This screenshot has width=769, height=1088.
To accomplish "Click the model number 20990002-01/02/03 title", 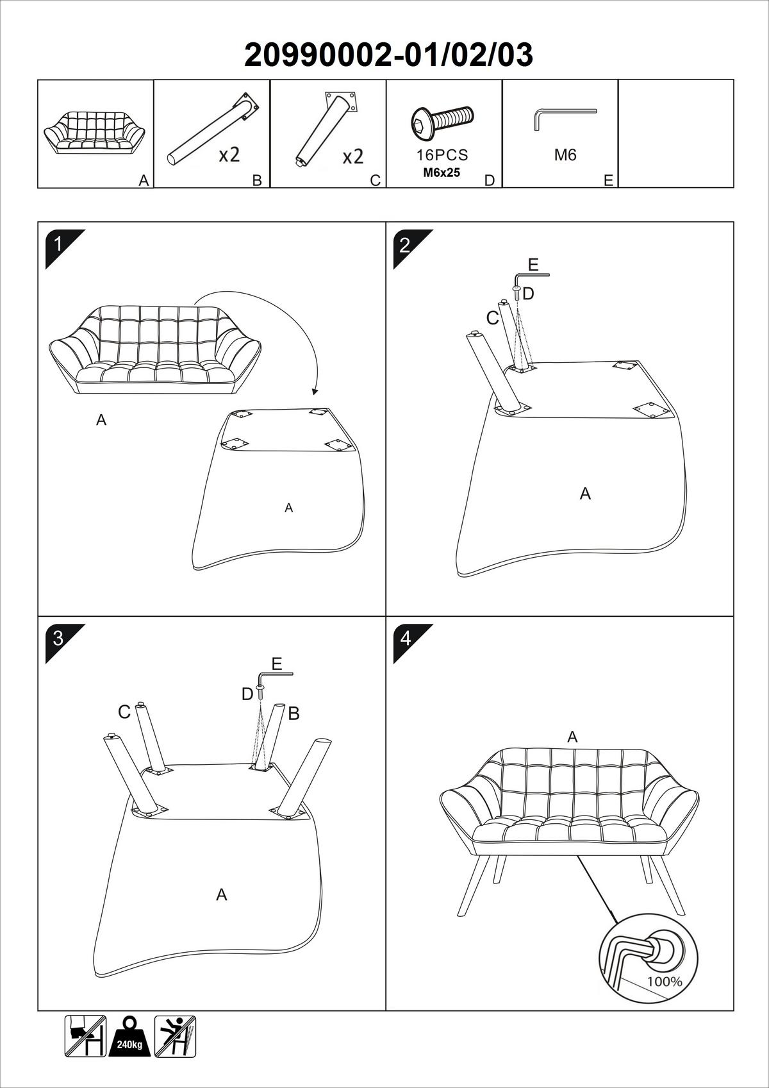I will (x=388, y=55).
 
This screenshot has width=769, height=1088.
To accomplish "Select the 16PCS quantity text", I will (x=442, y=155).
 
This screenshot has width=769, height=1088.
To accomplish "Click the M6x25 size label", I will (x=442, y=172).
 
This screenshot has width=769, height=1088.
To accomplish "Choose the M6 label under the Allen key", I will (x=565, y=155).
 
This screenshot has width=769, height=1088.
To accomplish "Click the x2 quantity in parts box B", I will (x=229, y=155).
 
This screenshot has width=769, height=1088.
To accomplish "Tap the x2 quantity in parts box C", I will (x=352, y=156).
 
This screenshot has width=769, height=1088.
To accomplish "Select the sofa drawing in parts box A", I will (x=95, y=131).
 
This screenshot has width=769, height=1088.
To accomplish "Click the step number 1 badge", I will (x=58, y=244).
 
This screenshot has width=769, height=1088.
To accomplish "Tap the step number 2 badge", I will (x=405, y=245).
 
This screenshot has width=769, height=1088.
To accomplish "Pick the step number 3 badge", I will (x=58, y=638).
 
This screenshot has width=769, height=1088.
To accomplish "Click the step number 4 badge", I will (x=405, y=638).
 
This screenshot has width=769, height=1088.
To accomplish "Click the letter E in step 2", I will (x=533, y=264).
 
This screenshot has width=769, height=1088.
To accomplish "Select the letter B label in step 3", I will (x=294, y=713).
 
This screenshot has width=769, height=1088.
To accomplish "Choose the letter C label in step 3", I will (x=124, y=712).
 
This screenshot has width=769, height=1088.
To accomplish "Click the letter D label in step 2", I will (x=528, y=294).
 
